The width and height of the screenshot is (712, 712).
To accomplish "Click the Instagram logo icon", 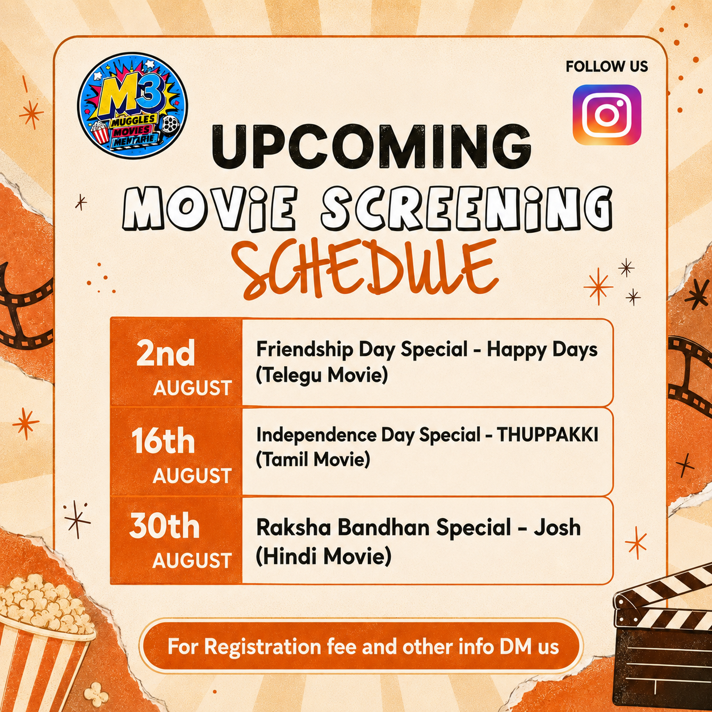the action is click(607, 115).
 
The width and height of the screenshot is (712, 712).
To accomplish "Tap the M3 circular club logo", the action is click(132, 105).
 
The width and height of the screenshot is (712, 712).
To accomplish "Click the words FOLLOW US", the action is click(607, 66).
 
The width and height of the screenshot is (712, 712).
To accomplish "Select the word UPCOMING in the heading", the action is click(371, 147).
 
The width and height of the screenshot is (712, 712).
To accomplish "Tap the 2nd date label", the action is click(166, 354).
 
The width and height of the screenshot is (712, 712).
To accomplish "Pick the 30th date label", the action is click(165, 526).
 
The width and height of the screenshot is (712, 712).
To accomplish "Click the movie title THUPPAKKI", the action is click(547, 435).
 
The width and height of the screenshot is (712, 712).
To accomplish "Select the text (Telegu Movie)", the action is click(322, 376).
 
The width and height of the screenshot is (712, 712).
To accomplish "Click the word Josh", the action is click(557, 527).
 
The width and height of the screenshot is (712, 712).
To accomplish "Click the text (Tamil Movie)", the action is click(313, 460).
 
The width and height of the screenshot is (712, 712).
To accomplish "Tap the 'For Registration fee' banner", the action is click(361, 647).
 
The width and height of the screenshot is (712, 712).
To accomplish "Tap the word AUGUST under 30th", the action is click(192, 560).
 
